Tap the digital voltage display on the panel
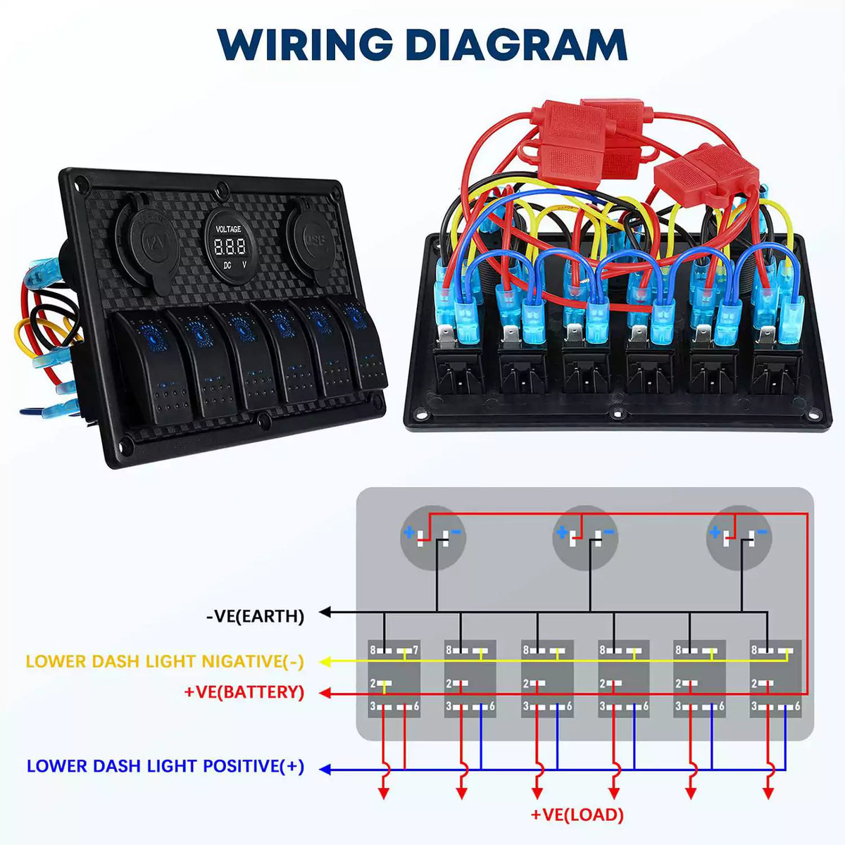[x=229, y=246]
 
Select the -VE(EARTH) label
[x=255, y=616]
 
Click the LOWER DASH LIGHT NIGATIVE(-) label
[x=165, y=661]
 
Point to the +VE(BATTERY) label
[x=244, y=692]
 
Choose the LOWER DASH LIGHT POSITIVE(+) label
[x=165, y=766]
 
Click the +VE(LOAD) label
[x=577, y=815]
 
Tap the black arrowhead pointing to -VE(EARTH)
[x=325, y=613]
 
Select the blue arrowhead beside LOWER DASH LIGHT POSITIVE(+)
[x=325, y=770]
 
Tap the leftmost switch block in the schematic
[x=394, y=678]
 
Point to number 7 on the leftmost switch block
[x=415, y=650]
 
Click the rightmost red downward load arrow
[x=768, y=792]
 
